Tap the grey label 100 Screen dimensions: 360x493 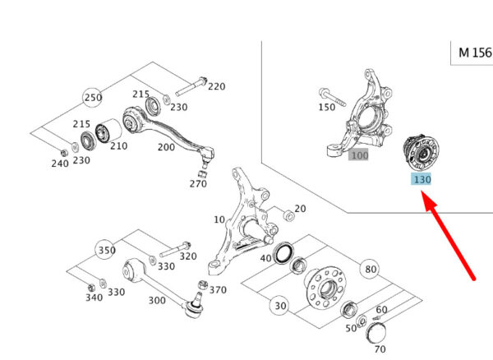coord(359,155)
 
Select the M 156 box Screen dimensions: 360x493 coord(474,52)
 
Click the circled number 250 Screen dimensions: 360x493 coord(93,98)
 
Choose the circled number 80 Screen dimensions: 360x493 coord(371,269)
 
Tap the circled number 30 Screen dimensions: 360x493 coord(281,306)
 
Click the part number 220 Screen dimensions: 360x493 coord(215,86)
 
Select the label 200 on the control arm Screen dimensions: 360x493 coord(166,146)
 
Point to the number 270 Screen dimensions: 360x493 coord(198,183)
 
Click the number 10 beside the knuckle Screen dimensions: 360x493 coord(219,220)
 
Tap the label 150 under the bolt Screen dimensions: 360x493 coord(326,108)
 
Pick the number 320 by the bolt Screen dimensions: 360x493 coord(188,256)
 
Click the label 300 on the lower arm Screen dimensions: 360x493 coord(157,300)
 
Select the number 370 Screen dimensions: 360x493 coord(217,289)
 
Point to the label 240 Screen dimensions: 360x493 coord(59,164)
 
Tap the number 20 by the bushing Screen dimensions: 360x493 coord(300,209)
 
